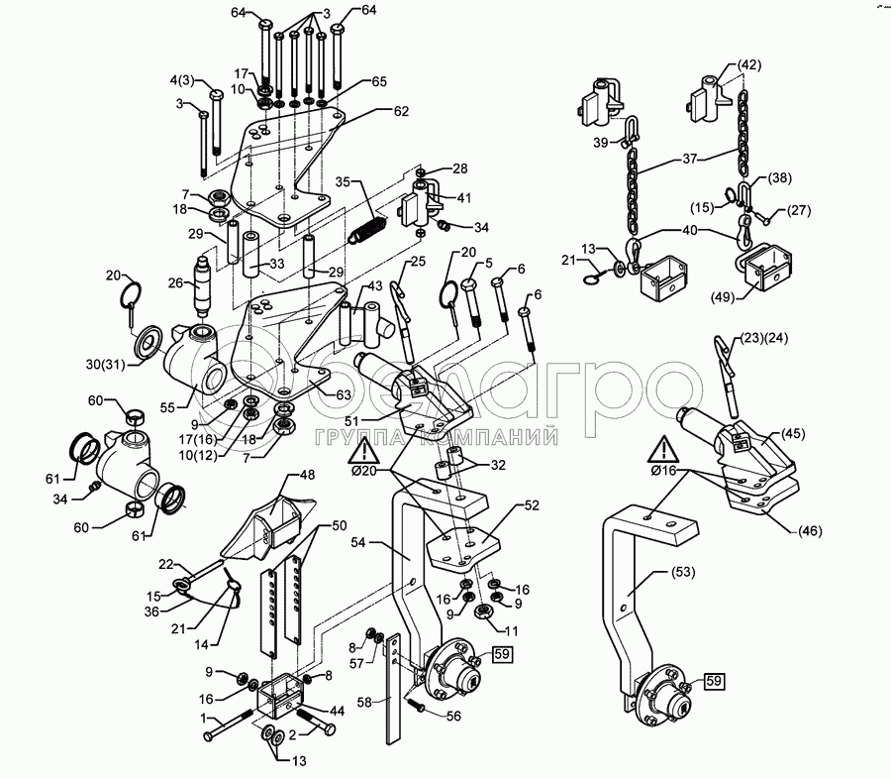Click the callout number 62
[401, 111]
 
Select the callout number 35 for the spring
[344, 182]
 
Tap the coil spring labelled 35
[367, 229]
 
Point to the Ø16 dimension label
[664, 471]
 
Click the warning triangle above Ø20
[364, 451]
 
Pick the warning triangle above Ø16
[662, 451]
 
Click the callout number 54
[358, 543]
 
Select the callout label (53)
[682, 571]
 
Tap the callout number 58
[364, 702]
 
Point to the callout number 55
[167, 407]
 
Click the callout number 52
[532, 505]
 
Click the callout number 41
[463, 198]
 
